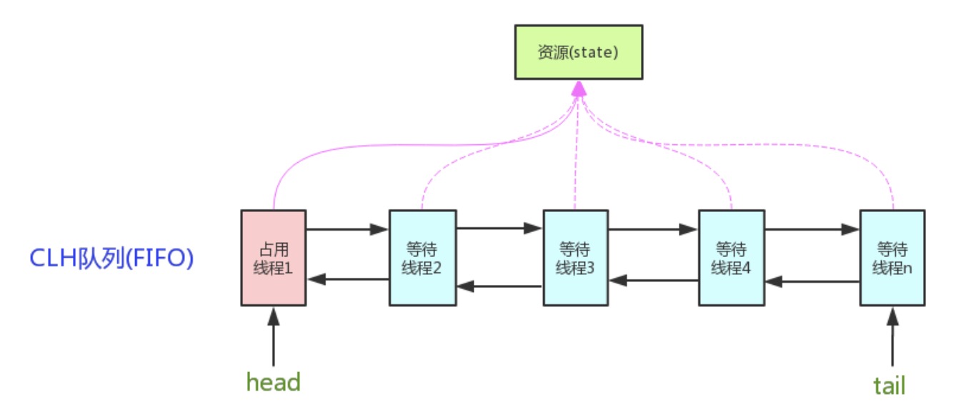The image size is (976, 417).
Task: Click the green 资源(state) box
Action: pyautogui.click(x=579, y=53)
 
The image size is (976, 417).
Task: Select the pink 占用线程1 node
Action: pyautogui.click(x=273, y=258)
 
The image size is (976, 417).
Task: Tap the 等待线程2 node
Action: pyautogui.click(x=422, y=258)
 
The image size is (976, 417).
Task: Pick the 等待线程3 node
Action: pyautogui.click(x=577, y=258)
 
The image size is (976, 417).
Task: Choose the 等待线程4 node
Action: pyautogui.click(x=731, y=258)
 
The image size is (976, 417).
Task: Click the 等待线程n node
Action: pyautogui.click(x=892, y=258)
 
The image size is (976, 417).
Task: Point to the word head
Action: pyautogui.click(x=274, y=381)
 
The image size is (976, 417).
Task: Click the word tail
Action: pyautogui.click(x=889, y=386)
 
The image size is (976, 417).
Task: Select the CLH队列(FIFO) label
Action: pyautogui.click(x=111, y=258)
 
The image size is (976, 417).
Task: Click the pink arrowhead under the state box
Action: pyautogui.click(x=579, y=89)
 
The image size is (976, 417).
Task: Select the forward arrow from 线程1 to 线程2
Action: pyautogui.click(x=347, y=229)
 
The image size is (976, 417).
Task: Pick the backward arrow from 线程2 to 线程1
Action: pyautogui.click(x=347, y=279)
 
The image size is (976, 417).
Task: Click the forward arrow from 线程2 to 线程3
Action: pyautogui.click(x=499, y=229)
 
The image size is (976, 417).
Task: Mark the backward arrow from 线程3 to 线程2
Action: pyautogui.click(x=499, y=286)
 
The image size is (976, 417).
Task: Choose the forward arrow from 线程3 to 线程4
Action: pyautogui.click(x=654, y=229)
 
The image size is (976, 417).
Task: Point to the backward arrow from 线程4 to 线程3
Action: pyautogui.click(x=654, y=281)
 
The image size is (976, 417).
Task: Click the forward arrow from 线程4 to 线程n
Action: pyautogui.click(x=812, y=229)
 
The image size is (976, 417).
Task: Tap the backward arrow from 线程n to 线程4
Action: pyautogui.click(x=812, y=281)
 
